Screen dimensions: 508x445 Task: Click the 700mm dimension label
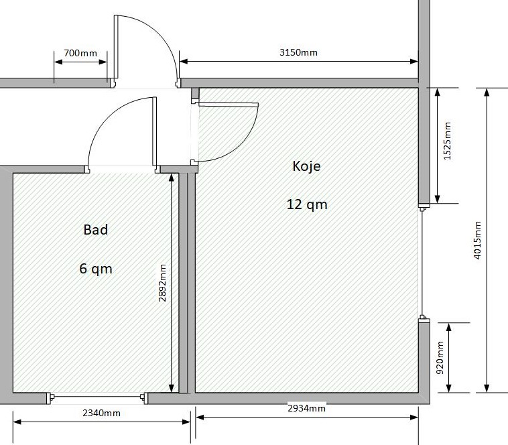80,53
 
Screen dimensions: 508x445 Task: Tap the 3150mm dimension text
298,52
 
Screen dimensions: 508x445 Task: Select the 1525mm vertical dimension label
447,141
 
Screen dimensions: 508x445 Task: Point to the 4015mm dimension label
477,241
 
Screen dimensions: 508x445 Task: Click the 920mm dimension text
440,358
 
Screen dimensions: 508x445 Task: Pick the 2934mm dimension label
306,408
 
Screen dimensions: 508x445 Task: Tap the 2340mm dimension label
101,413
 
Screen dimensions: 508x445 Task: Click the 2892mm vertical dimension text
162,283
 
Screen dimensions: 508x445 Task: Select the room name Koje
306,166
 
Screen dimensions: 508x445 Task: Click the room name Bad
96,230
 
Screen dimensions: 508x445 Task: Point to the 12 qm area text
307,204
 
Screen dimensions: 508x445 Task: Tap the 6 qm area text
96,269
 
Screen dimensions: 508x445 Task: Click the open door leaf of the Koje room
228,105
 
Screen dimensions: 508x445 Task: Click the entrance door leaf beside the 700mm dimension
116,47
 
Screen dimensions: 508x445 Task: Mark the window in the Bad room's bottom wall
97,397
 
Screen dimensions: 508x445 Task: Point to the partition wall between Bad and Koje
187,283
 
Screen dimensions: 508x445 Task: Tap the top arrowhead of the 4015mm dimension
487,92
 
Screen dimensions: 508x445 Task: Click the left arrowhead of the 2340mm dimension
17,422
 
